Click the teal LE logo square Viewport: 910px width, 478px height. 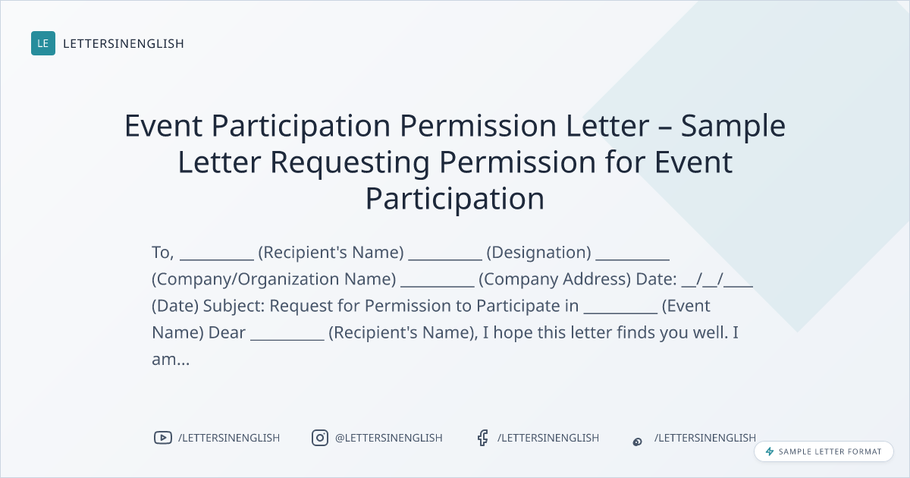tap(43, 43)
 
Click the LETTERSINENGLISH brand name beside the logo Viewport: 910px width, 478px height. tap(124, 43)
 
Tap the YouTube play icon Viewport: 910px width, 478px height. tap(163, 438)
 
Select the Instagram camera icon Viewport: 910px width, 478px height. tap(320, 438)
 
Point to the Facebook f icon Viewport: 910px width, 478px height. tap(482, 438)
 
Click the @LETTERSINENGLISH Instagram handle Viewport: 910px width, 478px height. tap(388, 438)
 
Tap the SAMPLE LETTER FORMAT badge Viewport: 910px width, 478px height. tap(824, 451)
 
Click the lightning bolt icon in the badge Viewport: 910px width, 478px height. tap(770, 451)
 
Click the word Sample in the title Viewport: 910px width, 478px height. tap(733, 126)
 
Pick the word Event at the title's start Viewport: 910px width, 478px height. tap(163, 126)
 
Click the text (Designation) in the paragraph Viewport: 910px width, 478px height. tap(538, 253)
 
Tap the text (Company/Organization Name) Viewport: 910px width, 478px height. tap(274, 279)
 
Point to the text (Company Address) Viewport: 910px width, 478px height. tap(554, 279)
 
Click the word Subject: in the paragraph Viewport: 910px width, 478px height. tap(234, 306)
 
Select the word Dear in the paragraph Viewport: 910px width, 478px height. tap(227, 332)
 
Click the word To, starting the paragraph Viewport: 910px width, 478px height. tap(163, 253)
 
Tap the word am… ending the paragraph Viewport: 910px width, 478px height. tap(171, 360)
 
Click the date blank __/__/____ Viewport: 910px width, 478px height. tap(717, 280)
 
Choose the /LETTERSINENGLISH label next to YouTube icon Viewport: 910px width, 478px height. tap(229, 438)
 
